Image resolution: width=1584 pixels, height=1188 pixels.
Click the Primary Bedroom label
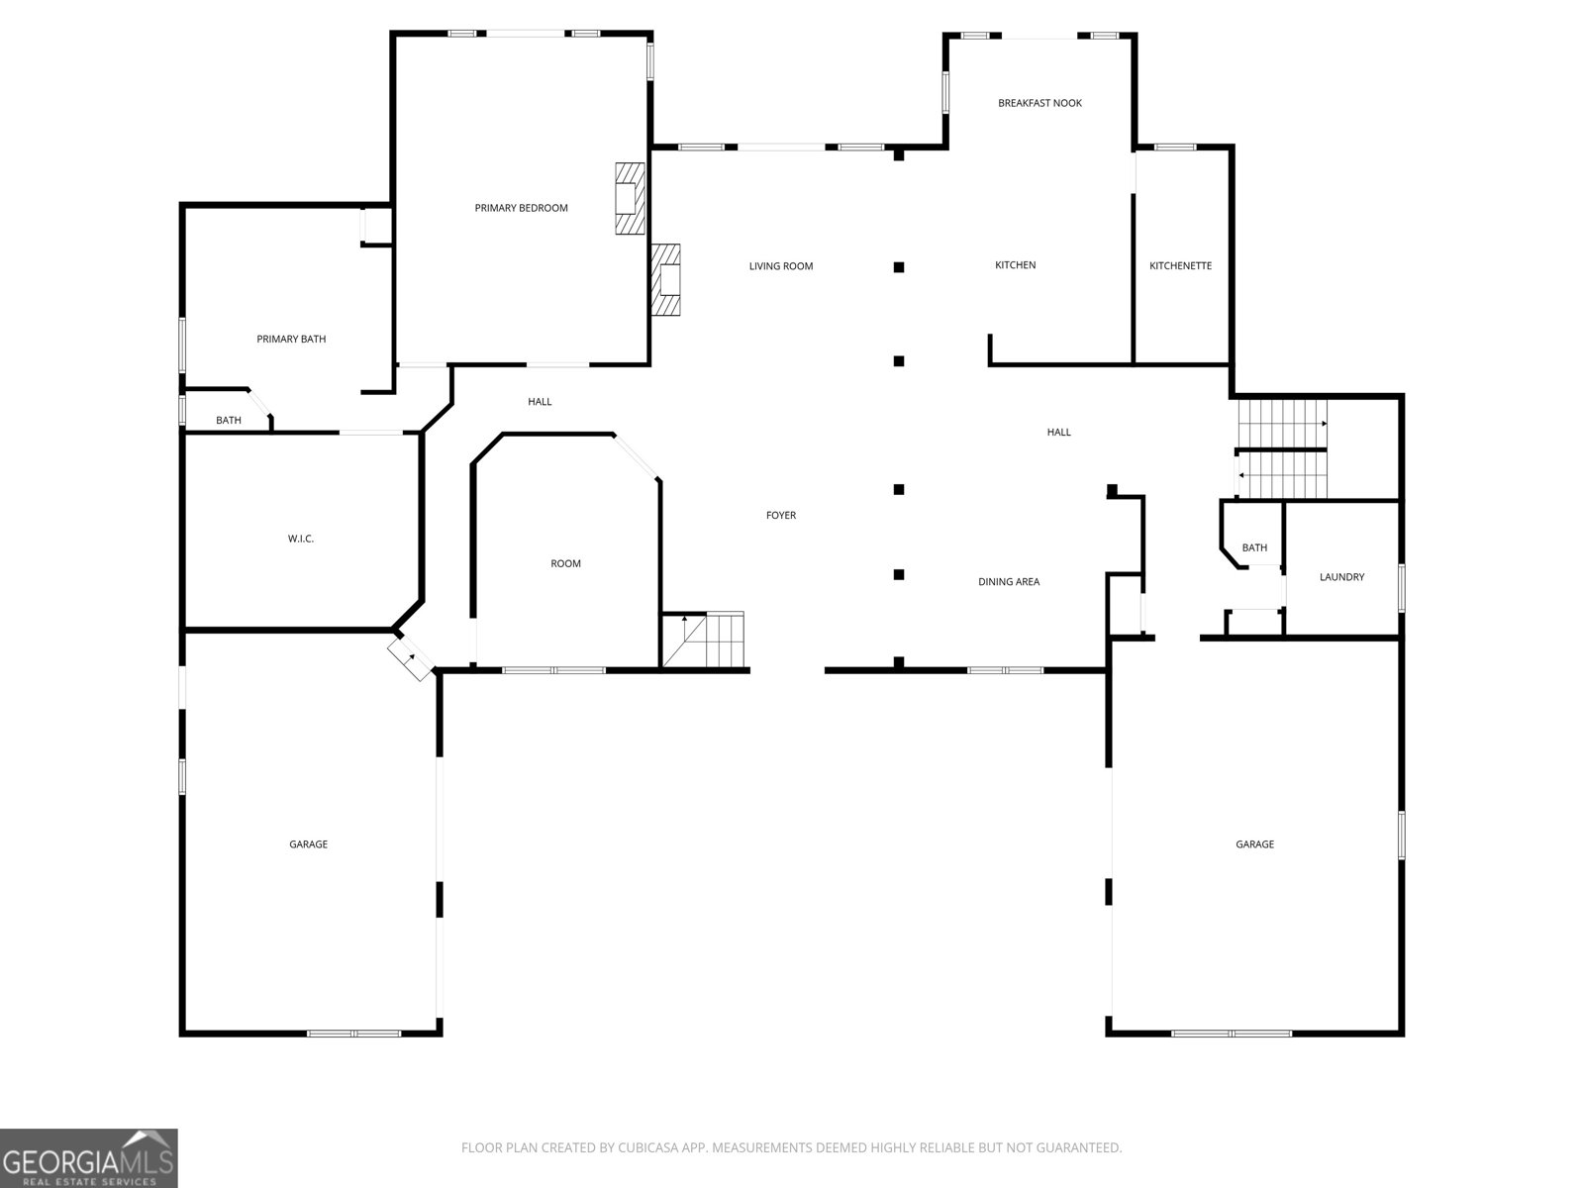[x=521, y=208]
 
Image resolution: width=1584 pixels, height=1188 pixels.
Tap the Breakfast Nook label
[x=1039, y=103]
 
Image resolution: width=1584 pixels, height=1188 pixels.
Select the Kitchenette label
[x=1180, y=265]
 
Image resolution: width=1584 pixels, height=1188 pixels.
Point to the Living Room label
[x=780, y=266]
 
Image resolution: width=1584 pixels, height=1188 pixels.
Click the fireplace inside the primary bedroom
[x=630, y=198]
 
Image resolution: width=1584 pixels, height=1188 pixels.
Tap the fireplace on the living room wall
[x=665, y=280]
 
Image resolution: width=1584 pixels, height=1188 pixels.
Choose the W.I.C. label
[x=300, y=539]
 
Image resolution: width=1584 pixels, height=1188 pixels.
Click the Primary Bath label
[x=291, y=339]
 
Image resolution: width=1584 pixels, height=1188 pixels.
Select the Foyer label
[x=780, y=515]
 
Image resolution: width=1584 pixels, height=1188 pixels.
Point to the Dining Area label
[x=1008, y=581]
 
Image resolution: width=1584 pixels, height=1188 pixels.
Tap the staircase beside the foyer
[x=704, y=640]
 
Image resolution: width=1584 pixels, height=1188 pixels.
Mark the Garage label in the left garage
[x=308, y=843]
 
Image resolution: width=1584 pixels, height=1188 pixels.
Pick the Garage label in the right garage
[x=1254, y=843]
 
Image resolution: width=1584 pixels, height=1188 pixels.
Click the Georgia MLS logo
[x=89, y=1157]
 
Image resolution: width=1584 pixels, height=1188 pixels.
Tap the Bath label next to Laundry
[x=1253, y=547]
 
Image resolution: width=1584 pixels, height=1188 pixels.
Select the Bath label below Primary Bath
[x=228, y=420]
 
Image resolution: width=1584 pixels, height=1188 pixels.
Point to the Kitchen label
[x=1015, y=265]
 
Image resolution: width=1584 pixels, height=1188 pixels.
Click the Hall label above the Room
[x=540, y=402]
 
